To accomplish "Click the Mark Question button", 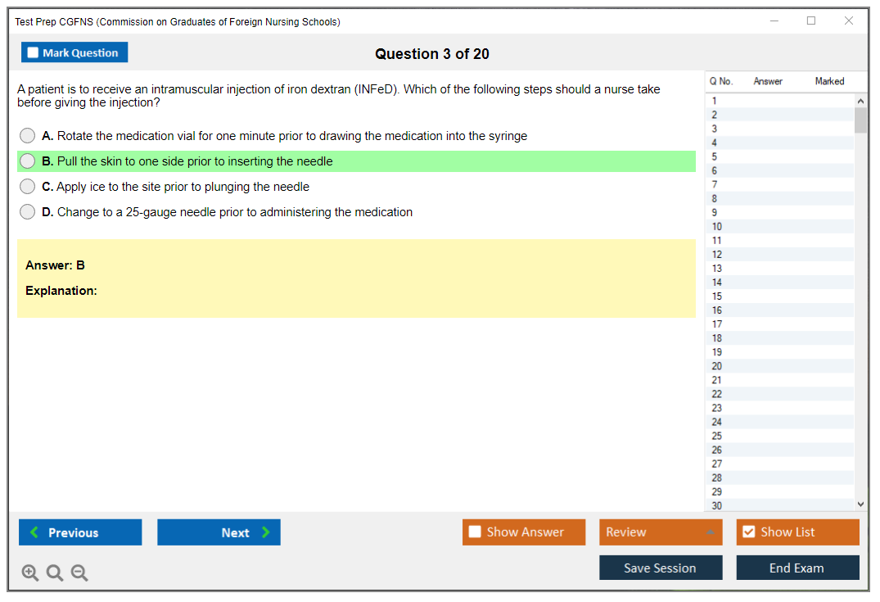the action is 74,52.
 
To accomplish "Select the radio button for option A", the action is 28,135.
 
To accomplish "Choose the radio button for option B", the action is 28,161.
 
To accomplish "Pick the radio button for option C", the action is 28,187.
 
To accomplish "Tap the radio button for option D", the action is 28,211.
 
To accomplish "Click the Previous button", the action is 80,532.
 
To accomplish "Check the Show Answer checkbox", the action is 475,532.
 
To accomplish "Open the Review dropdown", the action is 661,532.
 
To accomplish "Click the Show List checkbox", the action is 749,532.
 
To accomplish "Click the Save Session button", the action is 661,568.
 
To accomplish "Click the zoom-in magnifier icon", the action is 30,573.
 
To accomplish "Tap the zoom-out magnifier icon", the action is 79,573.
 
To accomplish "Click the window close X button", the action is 849,20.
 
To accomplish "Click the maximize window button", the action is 811,20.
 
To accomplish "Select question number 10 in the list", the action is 716,226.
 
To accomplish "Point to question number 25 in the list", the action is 716,436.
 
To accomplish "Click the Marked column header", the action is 829,81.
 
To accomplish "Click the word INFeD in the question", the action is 376,89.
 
